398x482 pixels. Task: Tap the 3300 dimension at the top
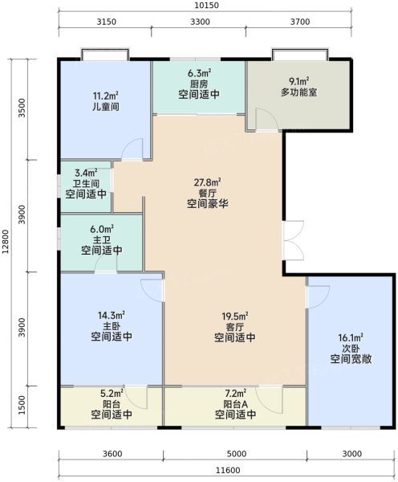tap(201, 22)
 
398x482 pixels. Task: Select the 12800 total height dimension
tap(6, 243)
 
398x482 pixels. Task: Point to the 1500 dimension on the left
tap(22, 405)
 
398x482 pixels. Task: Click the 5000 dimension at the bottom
tap(237, 454)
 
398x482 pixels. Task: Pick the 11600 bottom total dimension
tap(228, 470)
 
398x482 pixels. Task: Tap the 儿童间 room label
tap(106, 107)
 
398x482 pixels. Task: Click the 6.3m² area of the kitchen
tap(199, 74)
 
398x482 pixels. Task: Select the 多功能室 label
tap(298, 92)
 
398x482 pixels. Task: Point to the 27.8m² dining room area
tap(208, 182)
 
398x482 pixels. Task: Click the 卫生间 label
tap(86, 183)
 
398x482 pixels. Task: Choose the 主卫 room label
tap(102, 239)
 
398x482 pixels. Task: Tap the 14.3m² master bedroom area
tap(112, 315)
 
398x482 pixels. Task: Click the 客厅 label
tap(234, 327)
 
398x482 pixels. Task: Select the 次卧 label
tap(351, 349)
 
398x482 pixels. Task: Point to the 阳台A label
tap(235, 404)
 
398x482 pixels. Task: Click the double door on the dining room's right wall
tap(293, 240)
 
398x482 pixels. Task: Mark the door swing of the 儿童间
tap(132, 149)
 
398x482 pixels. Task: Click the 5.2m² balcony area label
tap(112, 393)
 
